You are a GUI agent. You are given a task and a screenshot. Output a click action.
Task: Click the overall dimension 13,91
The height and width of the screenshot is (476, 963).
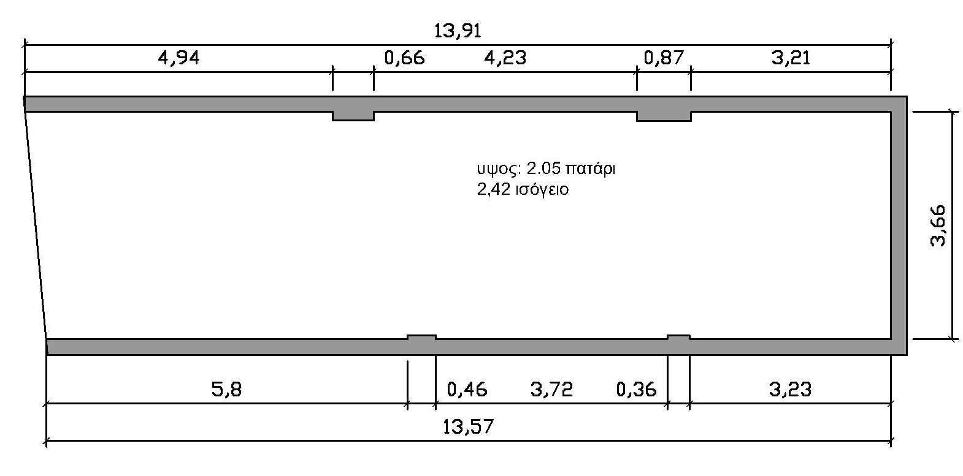pyautogui.click(x=458, y=31)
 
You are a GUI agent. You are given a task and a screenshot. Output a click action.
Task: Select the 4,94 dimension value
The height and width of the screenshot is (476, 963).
pyautogui.click(x=179, y=58)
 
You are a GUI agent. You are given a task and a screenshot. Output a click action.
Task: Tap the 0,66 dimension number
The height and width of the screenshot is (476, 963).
pyautogui.click(x=404, y=58)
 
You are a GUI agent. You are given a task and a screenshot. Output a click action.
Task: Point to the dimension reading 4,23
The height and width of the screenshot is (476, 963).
pyautogui.click(x=505, y=58)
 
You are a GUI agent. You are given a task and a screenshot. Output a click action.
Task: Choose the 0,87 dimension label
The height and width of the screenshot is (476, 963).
pyautogui.click(x=663, y=58)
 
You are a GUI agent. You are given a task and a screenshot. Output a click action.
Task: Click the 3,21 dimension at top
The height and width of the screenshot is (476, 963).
pyautogui.click(x=791, y=58)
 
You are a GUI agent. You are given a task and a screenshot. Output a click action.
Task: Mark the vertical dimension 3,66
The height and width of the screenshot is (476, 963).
pyautogui.click(x=938, y=225)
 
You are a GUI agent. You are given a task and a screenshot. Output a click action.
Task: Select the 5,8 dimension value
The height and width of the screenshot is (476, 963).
pyautogui.click(x=226, y=390)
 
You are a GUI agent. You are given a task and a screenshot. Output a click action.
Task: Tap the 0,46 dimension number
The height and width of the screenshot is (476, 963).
pyautogui.click(x=467, y=390)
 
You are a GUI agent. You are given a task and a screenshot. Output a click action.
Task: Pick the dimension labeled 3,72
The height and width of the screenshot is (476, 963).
pyautogui.click(x=551, y=390)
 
